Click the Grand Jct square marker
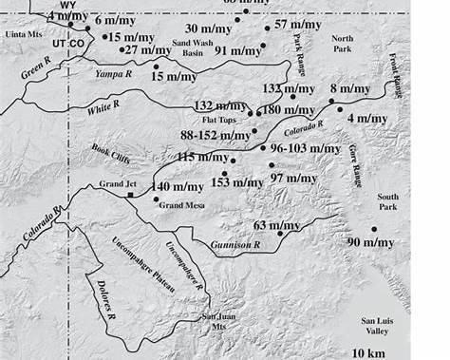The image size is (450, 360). pyautogui.click(x=130, y=194)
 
